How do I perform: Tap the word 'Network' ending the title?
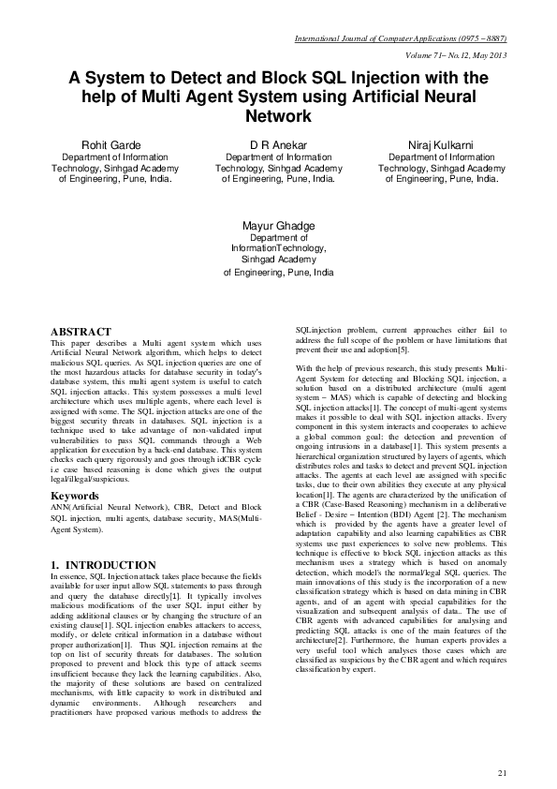click(278, 117)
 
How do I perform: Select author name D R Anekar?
click(278, 145)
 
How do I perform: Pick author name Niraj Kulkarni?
click(441, 145)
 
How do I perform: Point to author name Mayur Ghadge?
click(278, 227)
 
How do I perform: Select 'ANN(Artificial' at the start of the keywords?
click(78, 507)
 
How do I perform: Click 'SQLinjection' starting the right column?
click(319, 332)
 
